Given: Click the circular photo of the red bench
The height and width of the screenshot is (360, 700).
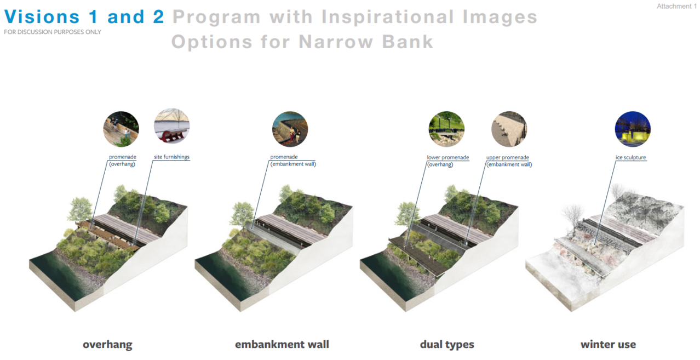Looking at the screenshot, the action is [x=171, y=126].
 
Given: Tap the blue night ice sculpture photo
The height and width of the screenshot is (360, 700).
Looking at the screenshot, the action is [x=633, y=129].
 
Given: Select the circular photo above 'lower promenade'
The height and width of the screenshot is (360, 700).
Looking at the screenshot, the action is [x=446, y=129].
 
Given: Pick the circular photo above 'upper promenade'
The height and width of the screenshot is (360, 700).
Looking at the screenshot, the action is [x=509, y=129].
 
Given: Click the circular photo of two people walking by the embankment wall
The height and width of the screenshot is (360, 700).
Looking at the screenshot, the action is [x=290, y=129].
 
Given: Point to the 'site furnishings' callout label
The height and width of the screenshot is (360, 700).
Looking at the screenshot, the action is [x=171, y=157].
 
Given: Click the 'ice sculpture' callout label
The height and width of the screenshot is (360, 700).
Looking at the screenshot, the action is [x=630, y=157].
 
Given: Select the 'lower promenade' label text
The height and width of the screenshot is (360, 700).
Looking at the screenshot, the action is [x=448, y=157].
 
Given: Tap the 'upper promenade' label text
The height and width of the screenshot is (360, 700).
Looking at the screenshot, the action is [x=508, y=157].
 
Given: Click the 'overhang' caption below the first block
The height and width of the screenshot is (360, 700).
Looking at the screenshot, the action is [x=107, y=344].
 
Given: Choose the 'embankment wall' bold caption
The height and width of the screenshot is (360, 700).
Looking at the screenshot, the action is [x=282, y=344].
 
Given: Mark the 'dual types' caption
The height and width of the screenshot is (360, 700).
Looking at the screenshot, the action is [x=447, y=344].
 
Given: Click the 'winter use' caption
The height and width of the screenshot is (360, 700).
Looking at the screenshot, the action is [x=608, y=344].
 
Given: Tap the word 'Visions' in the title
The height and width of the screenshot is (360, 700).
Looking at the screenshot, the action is [x=42, y=16].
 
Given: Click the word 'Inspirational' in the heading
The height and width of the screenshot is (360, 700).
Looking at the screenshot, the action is [x=387, y=17].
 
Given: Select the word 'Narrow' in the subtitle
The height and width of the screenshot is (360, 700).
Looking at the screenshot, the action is [x=336, y=42].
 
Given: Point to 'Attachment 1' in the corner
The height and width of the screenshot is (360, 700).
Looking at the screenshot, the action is [x=676, y=6].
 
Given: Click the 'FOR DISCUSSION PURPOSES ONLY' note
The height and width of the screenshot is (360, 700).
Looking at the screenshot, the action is [x=53, y=32].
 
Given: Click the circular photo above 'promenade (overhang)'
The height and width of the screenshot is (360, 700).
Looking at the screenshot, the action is [x=121, y=129].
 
